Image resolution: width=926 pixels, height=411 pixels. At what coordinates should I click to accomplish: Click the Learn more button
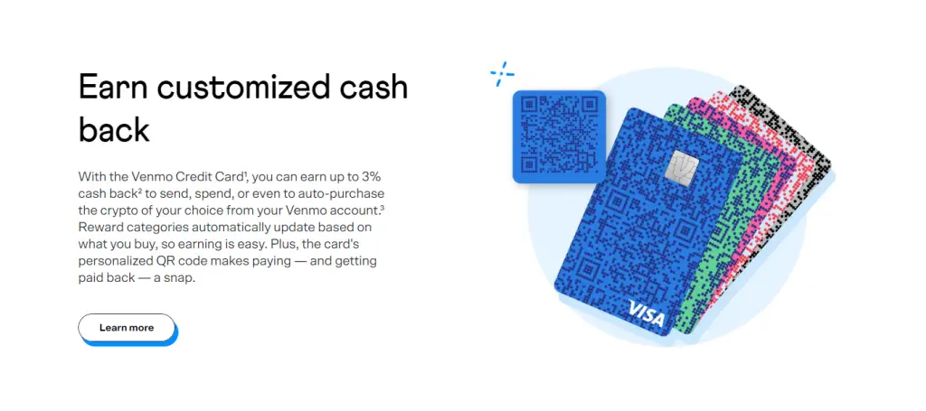tap(127, 328)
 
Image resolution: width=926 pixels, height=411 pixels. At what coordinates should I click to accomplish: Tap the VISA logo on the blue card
tap(646, 313)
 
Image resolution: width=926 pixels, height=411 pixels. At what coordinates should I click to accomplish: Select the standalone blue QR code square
tap(559, 136)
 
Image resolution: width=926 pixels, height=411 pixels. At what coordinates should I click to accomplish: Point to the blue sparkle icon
tap(502, 74)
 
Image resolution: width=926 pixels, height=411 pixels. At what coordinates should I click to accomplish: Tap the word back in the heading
tap(114, 130)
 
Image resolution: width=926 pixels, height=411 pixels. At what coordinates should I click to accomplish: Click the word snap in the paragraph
tap(180, 278)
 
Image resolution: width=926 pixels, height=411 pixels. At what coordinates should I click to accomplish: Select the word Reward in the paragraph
tap(99, 227)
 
